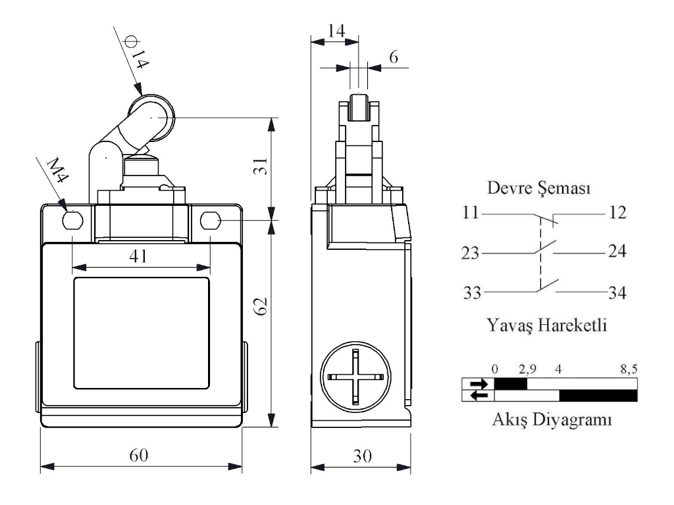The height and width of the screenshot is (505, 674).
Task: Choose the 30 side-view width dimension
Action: click(x=361, y=455)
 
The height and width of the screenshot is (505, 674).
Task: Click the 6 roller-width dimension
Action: click(x=394, y=57)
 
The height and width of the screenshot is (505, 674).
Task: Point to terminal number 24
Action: click(x=616, y=252)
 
